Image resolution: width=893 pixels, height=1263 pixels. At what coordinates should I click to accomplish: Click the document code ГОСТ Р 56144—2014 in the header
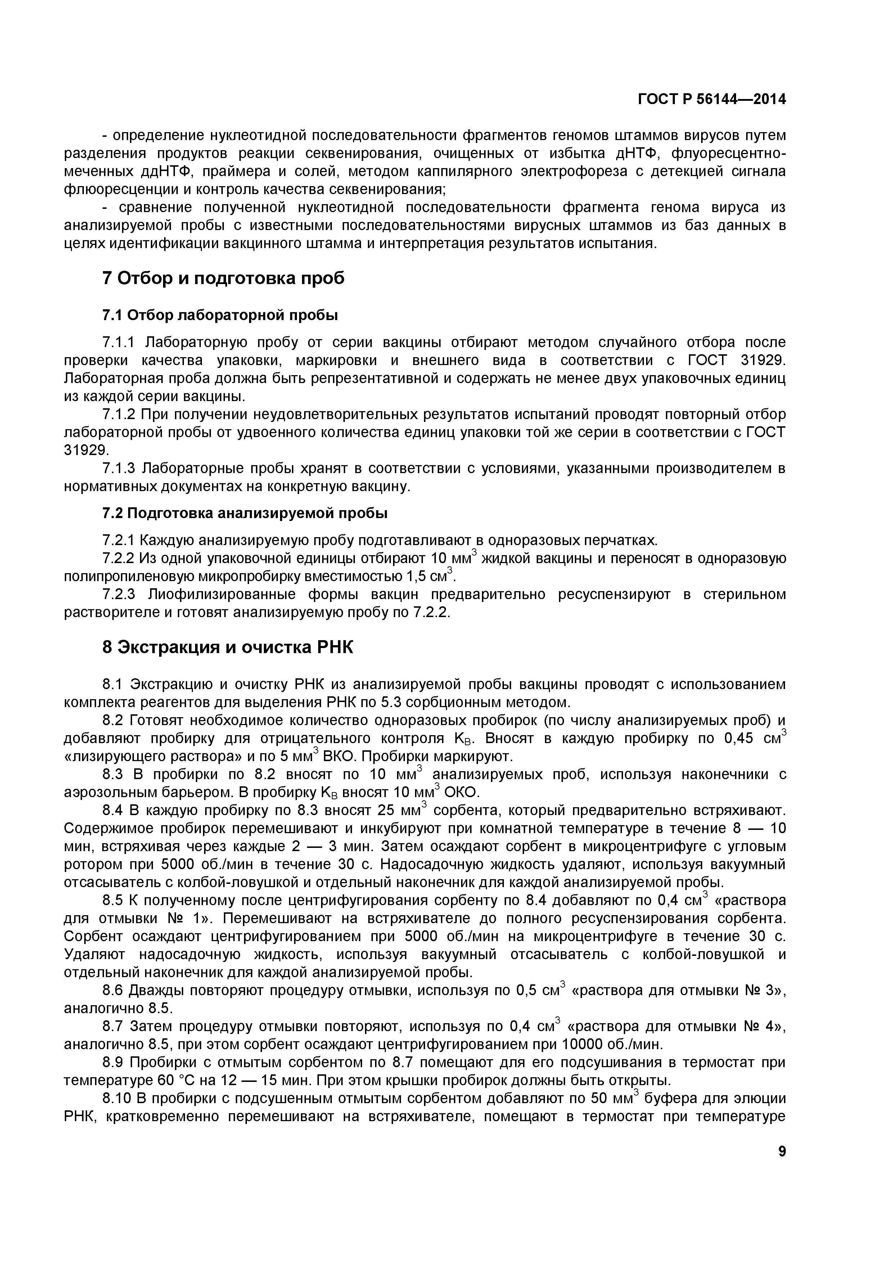pos(712,100)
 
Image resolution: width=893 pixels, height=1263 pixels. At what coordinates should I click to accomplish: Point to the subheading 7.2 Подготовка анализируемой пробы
pos(245,513)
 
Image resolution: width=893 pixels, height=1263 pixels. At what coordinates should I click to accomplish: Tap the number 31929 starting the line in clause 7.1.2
pos(84,450)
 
